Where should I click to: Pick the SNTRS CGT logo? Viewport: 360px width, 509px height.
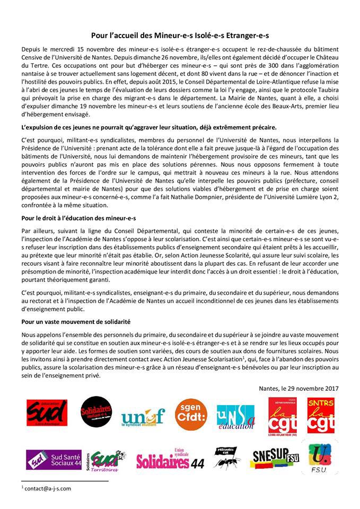click(x=320, y=415)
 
